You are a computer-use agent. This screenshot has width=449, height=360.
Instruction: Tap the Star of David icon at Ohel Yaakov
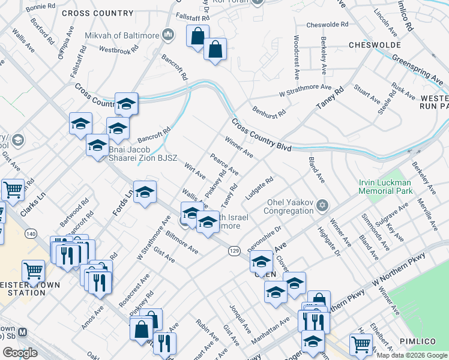point(322,206)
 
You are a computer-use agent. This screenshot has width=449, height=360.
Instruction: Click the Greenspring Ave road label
point(418,67)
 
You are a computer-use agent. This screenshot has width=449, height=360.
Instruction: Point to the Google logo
point(20,353)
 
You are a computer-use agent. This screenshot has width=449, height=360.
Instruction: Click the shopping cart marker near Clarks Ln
point(13,190)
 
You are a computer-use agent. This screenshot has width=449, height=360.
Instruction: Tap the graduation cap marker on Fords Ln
point(145,192)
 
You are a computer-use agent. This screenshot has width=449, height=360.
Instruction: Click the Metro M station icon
point(23,332)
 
